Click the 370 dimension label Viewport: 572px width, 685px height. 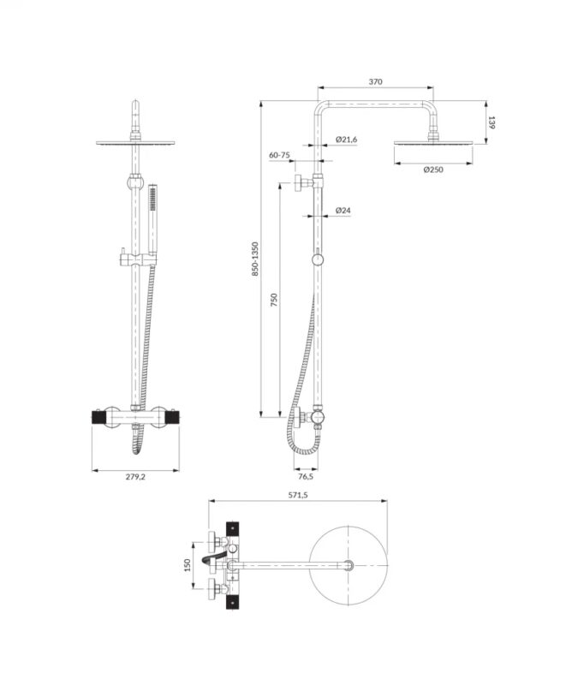[375, 81]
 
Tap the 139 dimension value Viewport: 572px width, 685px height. [492, 122]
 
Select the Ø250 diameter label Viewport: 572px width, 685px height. [433, 170]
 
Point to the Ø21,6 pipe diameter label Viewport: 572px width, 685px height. [347, 140]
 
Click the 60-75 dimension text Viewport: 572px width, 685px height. [279, 155]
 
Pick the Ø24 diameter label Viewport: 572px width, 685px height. [343, 210]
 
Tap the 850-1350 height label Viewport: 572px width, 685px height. [255, 259]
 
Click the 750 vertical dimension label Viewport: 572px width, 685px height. [274, 300]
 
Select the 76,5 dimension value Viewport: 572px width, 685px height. [306, 476]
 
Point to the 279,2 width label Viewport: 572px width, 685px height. [135, 477]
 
